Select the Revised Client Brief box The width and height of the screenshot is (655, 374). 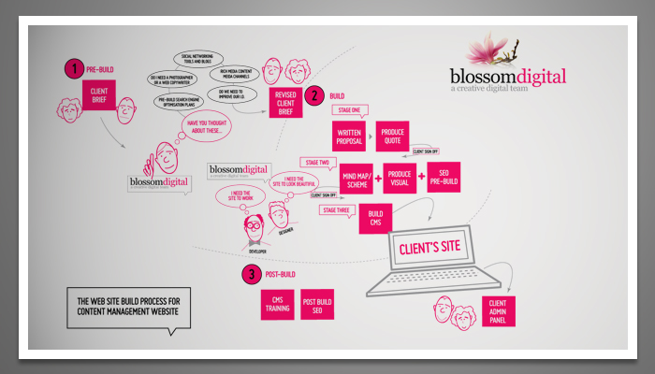pos(284,103)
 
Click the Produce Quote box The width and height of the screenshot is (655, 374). pos(393,137)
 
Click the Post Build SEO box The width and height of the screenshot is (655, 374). pos(318,305)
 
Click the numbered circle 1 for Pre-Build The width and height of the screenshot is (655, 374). pos(73,68)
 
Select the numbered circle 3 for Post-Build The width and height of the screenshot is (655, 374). pos(251,275)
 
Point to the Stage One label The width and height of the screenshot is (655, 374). pos(348,108)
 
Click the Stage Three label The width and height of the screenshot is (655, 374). pos(338,210)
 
